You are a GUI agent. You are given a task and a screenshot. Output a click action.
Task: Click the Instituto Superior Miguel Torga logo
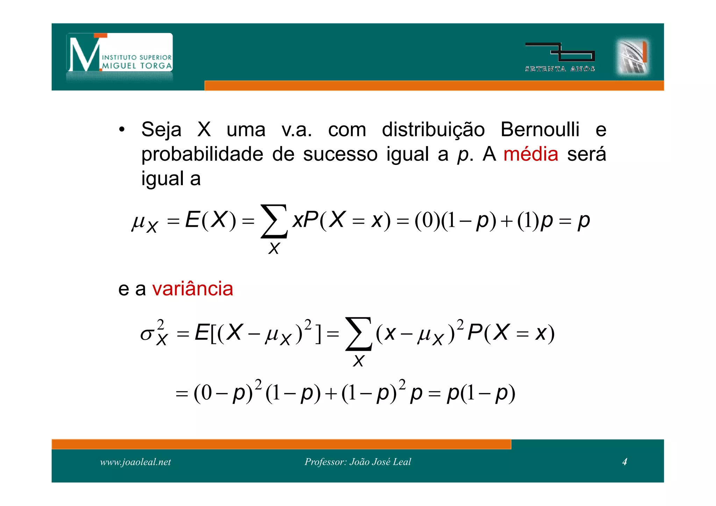pos(120,53)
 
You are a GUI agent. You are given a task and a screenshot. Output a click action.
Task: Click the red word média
pos(530,154)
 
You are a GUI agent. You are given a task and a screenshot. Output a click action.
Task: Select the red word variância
pos(193,289)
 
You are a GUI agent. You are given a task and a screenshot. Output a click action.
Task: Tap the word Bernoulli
pos(540,129)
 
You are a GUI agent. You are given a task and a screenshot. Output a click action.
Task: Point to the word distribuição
pos(433,130)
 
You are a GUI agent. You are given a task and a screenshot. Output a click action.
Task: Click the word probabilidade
pos(202,154)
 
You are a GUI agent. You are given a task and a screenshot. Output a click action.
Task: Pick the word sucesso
pos(340,154)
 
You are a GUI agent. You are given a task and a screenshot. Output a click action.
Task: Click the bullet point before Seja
pos(122,130)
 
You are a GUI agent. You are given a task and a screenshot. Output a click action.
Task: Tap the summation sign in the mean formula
pos(274,221)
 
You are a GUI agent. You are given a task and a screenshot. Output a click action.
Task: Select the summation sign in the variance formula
pos(358,334)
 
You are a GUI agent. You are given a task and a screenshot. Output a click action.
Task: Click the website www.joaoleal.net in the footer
pos(135,462)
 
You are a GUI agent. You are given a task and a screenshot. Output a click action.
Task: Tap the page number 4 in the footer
pos(624,462)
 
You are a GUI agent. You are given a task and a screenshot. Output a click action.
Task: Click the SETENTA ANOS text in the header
pos(560,69)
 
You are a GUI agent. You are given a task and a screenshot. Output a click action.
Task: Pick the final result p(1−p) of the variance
pos(481,393)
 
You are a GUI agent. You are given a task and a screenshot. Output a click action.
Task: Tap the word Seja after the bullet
pos(161,130)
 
